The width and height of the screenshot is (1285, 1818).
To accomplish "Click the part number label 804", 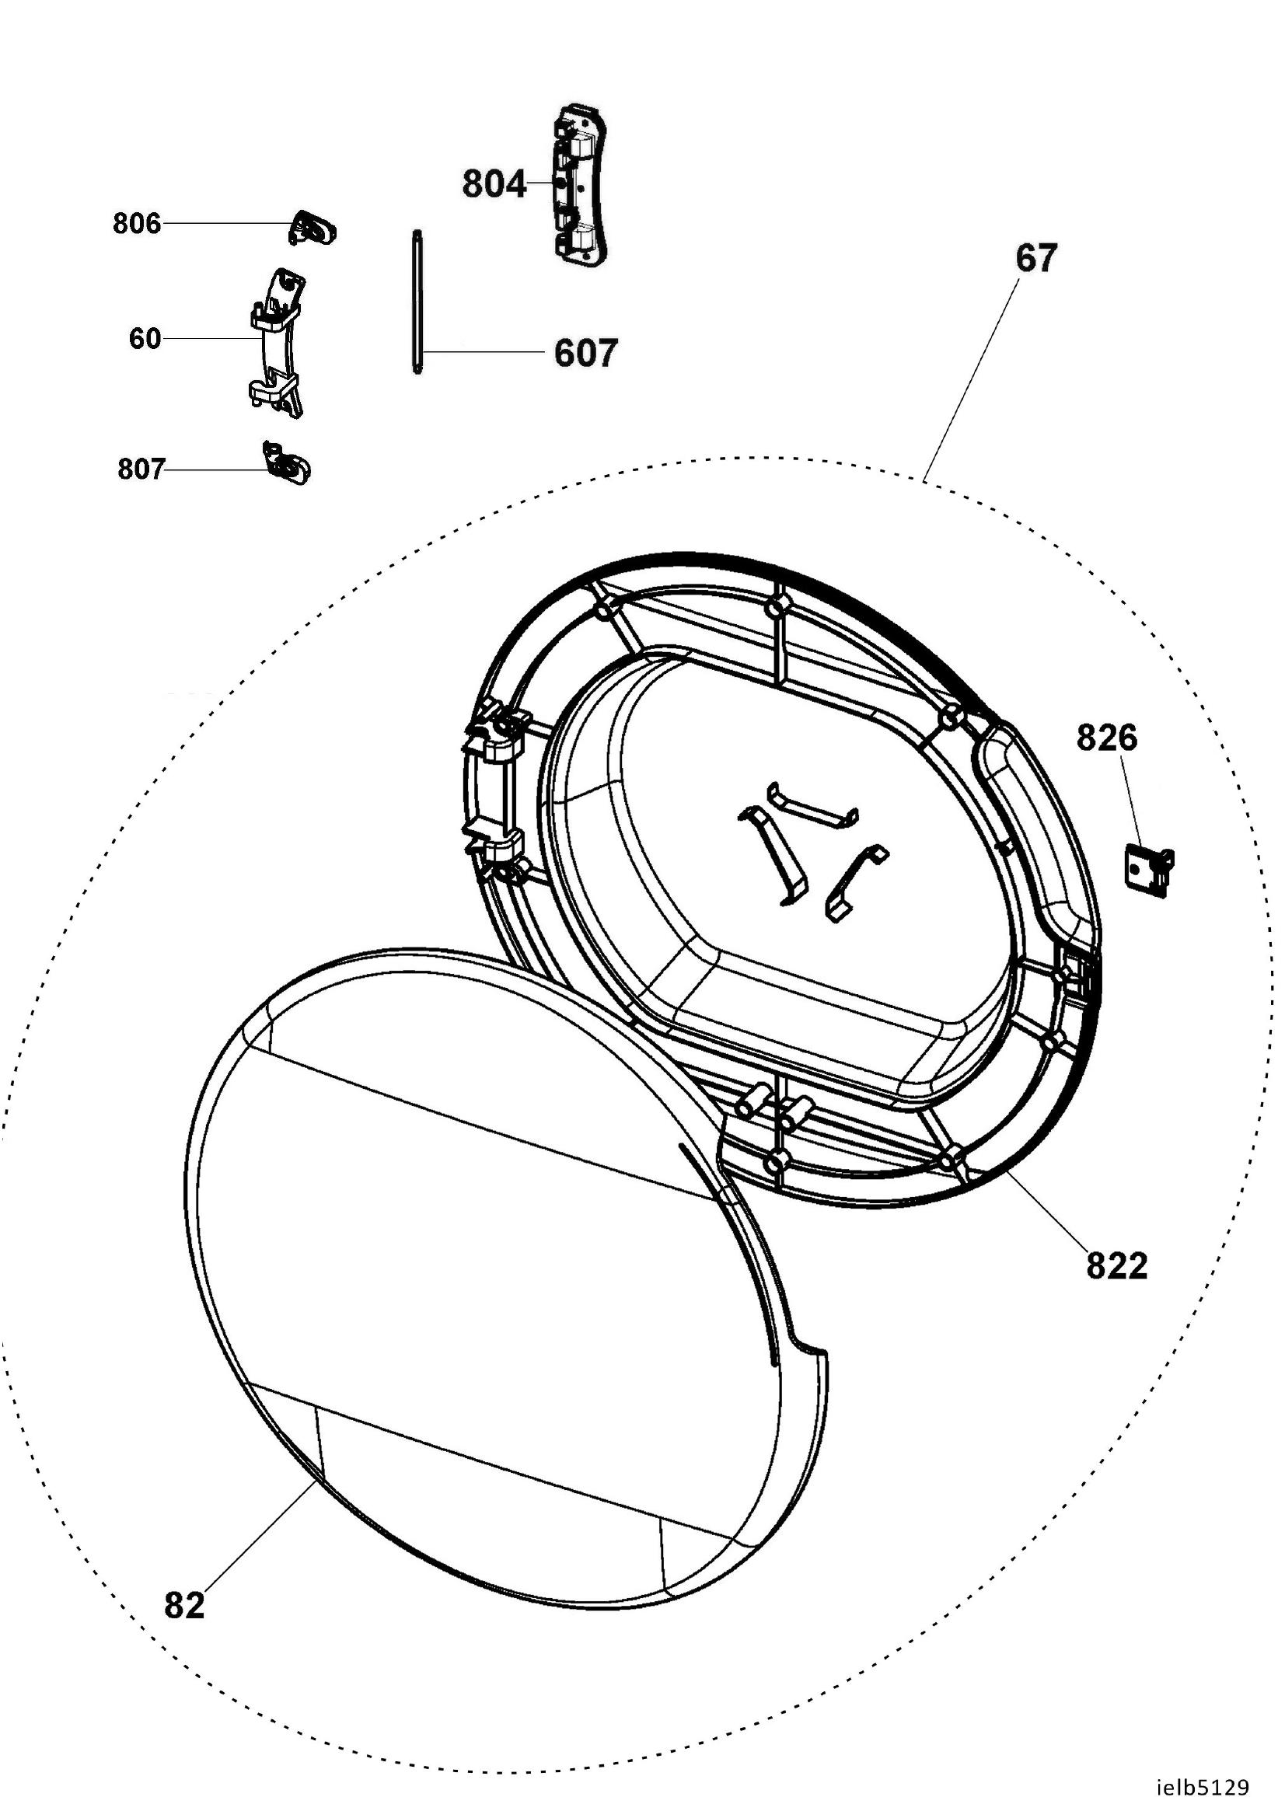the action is pos(494,184).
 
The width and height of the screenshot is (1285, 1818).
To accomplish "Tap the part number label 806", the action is pos(137,224).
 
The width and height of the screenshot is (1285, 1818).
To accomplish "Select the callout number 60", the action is pos(145,339).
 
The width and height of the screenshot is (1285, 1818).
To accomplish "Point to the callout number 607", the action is pos(585,353).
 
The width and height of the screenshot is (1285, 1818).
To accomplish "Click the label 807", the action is pos(141,469).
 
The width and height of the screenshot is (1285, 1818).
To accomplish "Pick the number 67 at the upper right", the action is pos(1036,259).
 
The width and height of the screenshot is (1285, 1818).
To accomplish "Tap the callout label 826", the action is pos(1107,738).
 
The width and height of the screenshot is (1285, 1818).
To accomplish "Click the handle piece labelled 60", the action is pos(276,343).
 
